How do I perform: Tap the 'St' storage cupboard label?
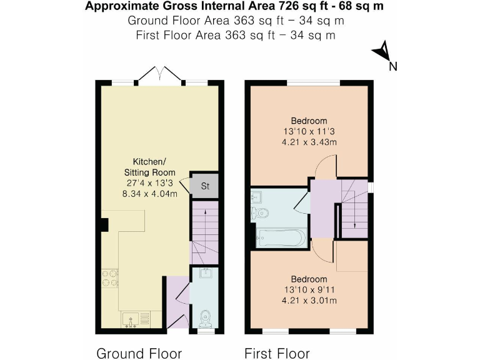click(205, 186)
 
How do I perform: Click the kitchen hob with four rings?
click(110, 277)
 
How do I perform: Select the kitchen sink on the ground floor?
click(133, 319)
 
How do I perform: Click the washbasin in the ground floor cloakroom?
click(204, 273)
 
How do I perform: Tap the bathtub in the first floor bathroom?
click(280, 238)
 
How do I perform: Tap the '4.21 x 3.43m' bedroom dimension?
click(309, 142)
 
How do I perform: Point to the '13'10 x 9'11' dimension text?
click(309, 290)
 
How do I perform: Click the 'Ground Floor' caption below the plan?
click(139, 353)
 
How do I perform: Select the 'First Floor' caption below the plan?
click(277, 353)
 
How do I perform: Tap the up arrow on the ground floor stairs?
click(205, 216)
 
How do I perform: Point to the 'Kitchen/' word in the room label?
click(148, 161)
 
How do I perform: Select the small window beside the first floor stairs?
click(371, 187)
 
